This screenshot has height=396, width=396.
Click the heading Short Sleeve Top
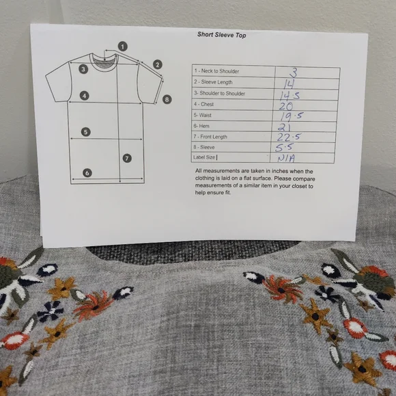[221, 35]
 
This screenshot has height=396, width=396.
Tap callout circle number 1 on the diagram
[122, 47]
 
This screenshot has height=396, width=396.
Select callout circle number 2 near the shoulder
[157, 64]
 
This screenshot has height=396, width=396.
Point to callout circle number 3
[83, 68]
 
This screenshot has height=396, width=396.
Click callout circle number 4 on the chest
[84, 96]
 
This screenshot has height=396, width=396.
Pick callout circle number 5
[85, 131]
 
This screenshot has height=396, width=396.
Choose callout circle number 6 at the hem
[87, 173]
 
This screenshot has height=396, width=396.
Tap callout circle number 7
[127, 158]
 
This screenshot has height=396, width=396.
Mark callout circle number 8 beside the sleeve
[167, 99]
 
